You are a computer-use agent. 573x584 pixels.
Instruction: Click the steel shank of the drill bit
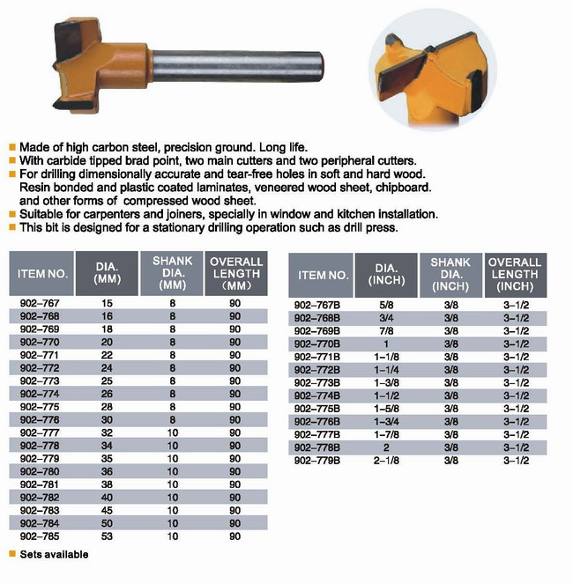pyautogui.click(x=237, y=66)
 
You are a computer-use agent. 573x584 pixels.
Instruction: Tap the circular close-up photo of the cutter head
pyautogui.click(x=433, y=70)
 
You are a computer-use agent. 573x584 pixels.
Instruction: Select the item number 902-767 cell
pyautogui.click(x=40, y=303)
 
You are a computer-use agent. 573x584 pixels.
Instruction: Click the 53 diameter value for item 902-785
pyautogui.click(x=107, y=536)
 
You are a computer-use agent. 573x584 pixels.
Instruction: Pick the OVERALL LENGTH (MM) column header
pyautogui.click(x=236, y=274)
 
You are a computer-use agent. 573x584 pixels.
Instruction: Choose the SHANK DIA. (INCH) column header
pyautogui.click(x=450, y=275)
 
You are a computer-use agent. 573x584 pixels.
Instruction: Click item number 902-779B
pyautogui.click(x=317, y=461)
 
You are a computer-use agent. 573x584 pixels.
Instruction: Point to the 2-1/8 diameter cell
pyautogui.click(x=386, y=461)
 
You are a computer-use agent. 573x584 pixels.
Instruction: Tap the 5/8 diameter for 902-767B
pyautogui.click(x=386, y=306)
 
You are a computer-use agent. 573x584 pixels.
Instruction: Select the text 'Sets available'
pyautogui.click(x=54, y=554)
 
